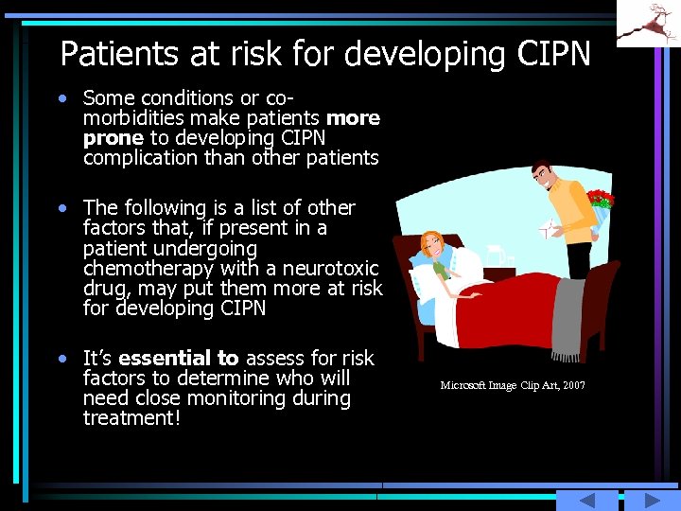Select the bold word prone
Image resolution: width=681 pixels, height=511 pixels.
[113, 138]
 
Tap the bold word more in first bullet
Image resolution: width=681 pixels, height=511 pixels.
[353, 118]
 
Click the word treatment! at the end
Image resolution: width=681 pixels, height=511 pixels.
[131, 418]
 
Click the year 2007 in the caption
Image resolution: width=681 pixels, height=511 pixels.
[573, 386]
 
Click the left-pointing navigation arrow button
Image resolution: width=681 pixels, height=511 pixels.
[587, 500]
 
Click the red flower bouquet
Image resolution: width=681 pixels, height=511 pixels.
[600, 200]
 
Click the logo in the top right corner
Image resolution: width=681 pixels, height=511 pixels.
[648, 23]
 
